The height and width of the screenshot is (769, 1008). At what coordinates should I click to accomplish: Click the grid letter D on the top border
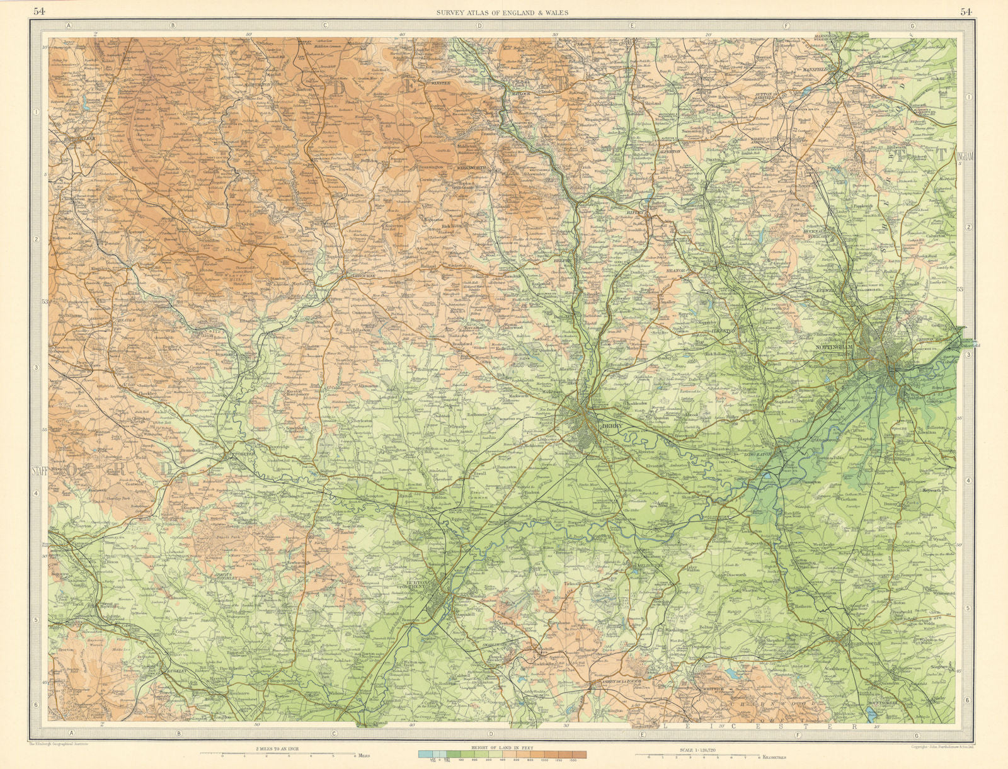[479, 26]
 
